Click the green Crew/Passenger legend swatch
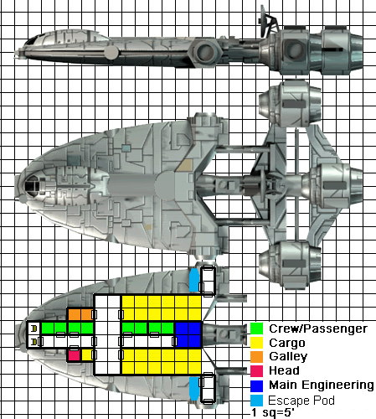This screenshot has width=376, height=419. (x=256, y=328)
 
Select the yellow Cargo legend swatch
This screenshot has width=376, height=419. (x=256, y=343)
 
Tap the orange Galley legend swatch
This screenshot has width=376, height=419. (x=256, y=357)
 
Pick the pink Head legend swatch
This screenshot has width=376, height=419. (x=256, y=371)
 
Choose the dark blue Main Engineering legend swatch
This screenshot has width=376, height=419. (x=256, y=385)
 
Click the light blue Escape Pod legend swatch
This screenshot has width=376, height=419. (x=256, y=401)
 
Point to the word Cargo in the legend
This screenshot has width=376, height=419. (x=287, y=343)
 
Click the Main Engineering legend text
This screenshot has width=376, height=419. (x=322, y=385)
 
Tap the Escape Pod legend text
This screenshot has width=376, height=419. (x=301, y=401)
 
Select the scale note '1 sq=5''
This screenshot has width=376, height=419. (x=273, y=412)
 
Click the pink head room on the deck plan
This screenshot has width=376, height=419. (x=74, y=355)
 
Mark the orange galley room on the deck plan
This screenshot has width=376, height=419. (x=80, y=315)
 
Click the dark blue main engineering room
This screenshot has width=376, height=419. (x=188, y=334)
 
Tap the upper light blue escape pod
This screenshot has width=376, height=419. (x=194, y=280)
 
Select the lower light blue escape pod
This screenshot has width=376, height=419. (x=194, y=388)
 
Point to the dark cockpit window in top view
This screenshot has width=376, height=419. (x=32, y=185)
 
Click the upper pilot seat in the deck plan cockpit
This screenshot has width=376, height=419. (x=34, y=328)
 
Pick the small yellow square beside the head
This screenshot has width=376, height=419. (x=87, y=355)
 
